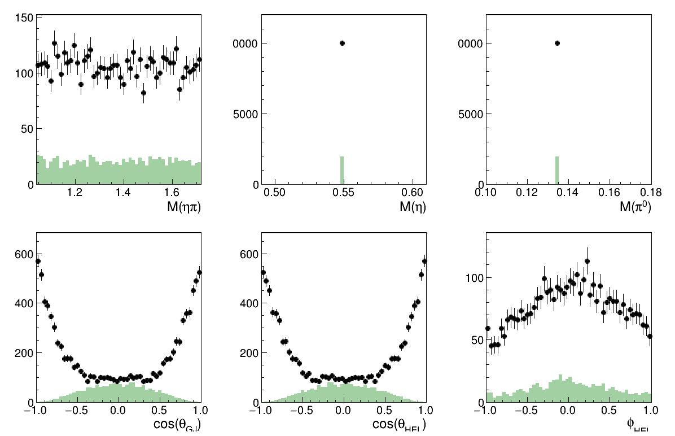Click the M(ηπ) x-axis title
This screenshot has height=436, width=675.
click(x=184, y=207)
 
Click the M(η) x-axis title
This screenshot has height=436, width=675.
click(x=413, y=207)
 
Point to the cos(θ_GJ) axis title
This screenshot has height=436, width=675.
click(x=176, y=425)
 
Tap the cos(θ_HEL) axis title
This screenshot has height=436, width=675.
click(x=399, y=425)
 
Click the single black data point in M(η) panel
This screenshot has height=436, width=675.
click(x=342, y=43)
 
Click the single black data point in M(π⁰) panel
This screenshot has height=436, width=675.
click(x=557, y=43)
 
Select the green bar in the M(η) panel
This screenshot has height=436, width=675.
click(x=342, y=171)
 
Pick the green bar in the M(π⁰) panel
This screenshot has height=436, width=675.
click(x=557, y=171)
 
